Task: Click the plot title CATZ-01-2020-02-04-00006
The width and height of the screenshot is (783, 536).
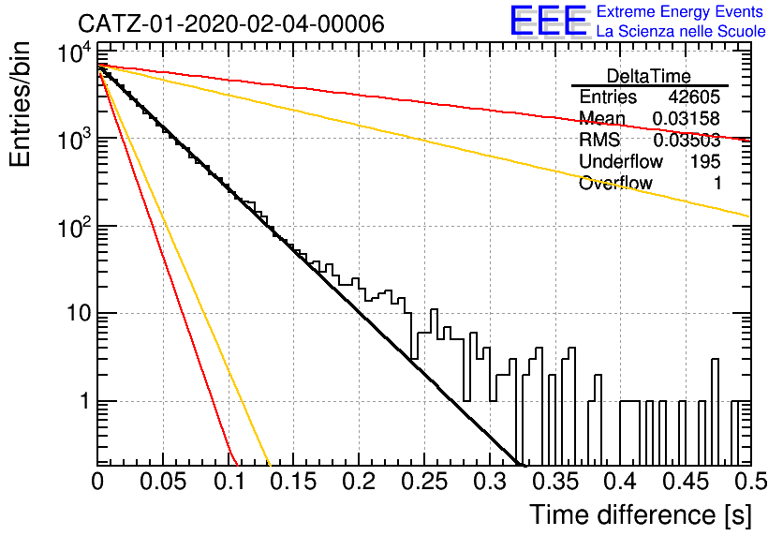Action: tap(231, 23)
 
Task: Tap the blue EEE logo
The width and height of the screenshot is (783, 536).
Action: tap(550, 21)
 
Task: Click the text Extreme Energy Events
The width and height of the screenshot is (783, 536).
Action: tap(680, 11)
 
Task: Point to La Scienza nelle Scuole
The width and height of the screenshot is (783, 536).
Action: tap(681, 32)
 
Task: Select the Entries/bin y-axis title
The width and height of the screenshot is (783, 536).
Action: tap(20, 104)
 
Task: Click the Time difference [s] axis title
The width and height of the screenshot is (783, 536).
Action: tap(641, 515)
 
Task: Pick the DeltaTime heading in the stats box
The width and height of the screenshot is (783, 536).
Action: tap(649, 76)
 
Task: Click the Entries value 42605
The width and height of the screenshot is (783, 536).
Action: tap(694, 97)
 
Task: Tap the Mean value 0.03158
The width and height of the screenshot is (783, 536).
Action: tap(687, 119)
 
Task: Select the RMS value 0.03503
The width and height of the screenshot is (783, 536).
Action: tap(687, 141)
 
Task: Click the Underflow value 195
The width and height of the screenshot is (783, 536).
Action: tap(705, 161)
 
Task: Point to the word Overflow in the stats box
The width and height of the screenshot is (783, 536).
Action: tap(615, 184)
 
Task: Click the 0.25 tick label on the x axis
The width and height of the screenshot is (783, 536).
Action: tap(424, 482)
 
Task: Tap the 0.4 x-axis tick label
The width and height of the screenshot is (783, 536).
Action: tap(621, 482)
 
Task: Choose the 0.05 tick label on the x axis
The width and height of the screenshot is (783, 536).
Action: tap(163, 482)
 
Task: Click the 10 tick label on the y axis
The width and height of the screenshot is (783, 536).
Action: tap(79, 314)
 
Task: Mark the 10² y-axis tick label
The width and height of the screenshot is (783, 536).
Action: tap(74, 228)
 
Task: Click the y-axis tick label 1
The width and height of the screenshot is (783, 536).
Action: tap(85, 401)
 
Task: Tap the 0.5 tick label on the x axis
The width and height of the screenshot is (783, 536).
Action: tap(750, 482)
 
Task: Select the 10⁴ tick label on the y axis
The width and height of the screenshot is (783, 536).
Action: tap(74, 52)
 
